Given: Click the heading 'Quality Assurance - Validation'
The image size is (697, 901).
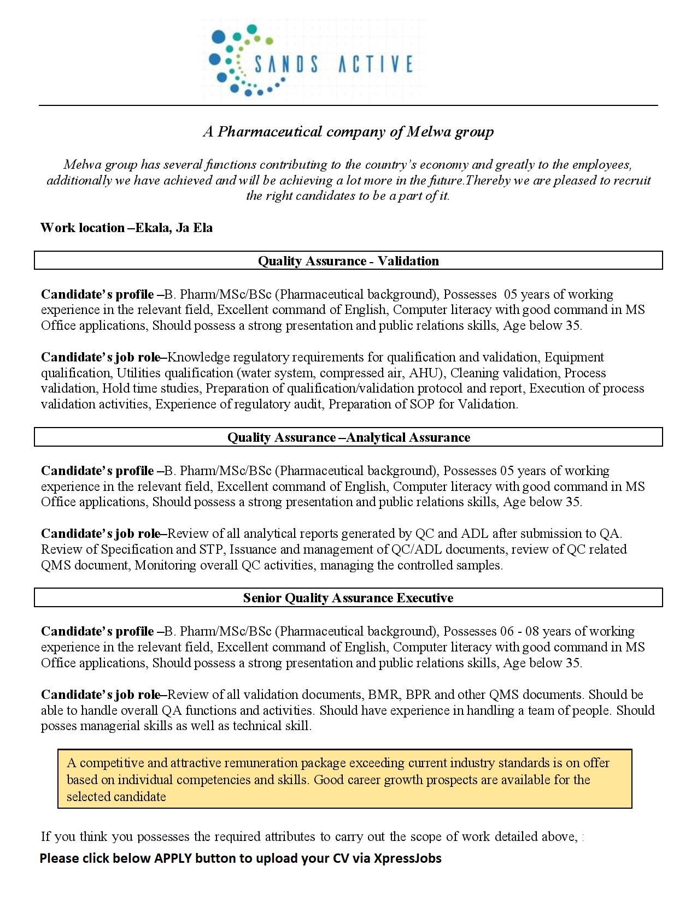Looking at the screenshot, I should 348,261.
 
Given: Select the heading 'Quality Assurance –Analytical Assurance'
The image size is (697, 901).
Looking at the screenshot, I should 348,437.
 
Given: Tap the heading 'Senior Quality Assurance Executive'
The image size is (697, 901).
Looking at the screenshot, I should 348,598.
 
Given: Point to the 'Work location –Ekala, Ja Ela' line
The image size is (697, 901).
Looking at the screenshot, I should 126,228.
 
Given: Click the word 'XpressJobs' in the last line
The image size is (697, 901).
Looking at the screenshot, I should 407,858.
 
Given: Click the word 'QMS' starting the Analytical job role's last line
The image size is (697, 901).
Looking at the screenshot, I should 56,565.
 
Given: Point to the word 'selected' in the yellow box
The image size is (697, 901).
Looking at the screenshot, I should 88,797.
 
